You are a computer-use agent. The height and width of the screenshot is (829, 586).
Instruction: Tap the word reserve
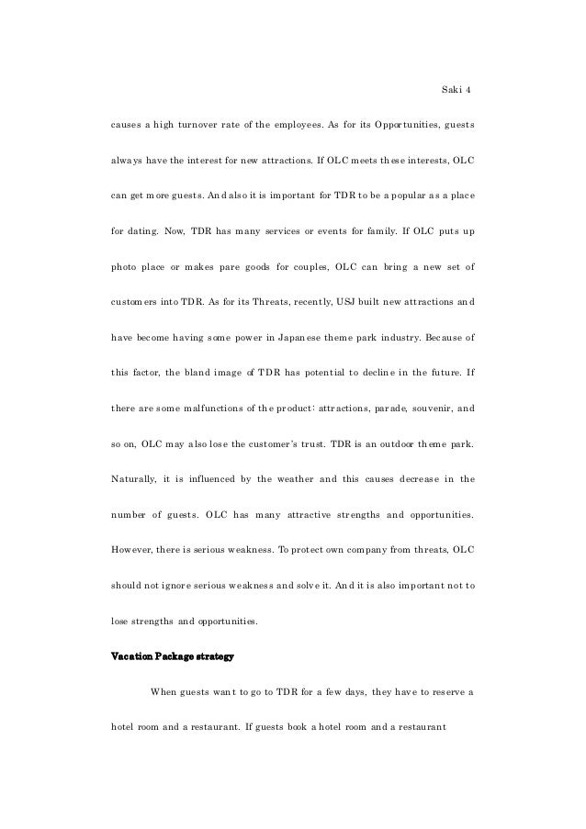(446, 691)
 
